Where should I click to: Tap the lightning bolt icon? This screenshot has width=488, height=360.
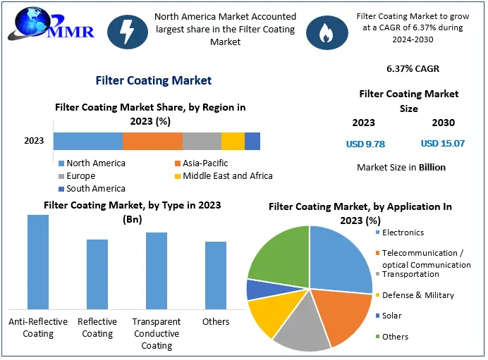click(x=128, y=30)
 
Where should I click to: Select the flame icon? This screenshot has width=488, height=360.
click(x=327, y=30)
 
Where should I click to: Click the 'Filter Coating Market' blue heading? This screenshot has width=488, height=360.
click(x=154, y=80)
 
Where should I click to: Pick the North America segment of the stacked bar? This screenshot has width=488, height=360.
click(x=88, y=141)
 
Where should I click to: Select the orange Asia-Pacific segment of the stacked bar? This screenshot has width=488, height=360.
click(x=152, y=141)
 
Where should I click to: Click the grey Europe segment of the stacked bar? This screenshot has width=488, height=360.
click(x=202, y=141)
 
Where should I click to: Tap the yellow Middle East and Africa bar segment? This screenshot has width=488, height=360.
click(x=233, y=141)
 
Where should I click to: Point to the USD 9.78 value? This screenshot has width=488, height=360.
click(x=365, y=144)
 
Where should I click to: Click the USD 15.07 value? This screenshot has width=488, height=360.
click(x=443, y=144)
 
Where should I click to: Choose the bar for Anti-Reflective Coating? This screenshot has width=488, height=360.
click(x=38, y=261)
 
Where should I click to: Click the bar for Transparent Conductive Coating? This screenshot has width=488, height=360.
click(x=157, y=271)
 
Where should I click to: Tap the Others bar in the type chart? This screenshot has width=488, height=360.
click(x=216, y=275)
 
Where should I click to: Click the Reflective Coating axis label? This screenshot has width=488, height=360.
click(x=97, y=328)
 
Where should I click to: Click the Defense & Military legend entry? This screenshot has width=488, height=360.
click(x=417, y=295)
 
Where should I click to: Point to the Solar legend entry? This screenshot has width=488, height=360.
click(x=391, y=316)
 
